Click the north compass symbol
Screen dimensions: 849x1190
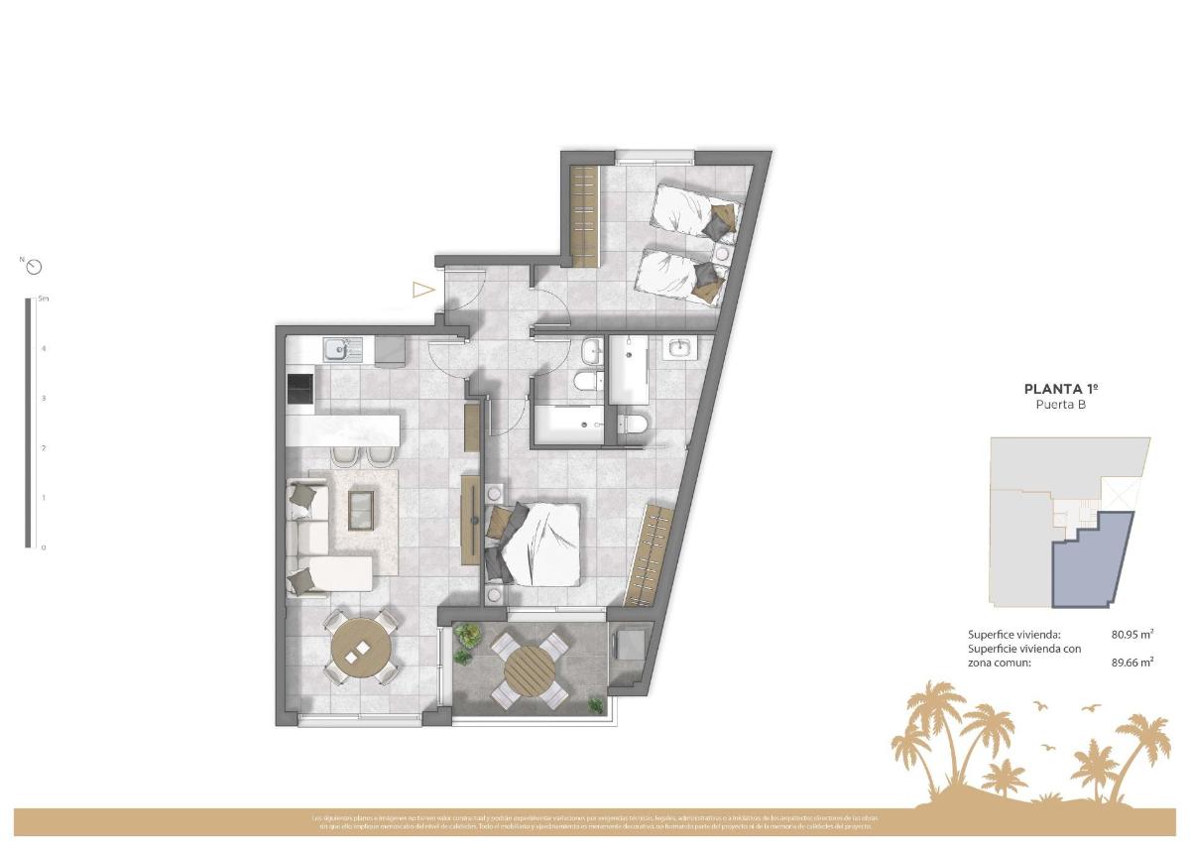pyautogui.click(x=35, y=266)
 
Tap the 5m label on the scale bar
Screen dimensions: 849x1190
pyautogui.click(x=43, y=298)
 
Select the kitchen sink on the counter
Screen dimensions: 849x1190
pyautogui.click(x=338, y=348)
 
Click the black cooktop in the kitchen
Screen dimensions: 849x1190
pyautogui.click(x=300, y=389)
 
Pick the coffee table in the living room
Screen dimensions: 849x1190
pyautogui.click(x=361, y=508)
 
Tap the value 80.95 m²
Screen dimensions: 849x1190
pyautogui.click(x=1131, y=634)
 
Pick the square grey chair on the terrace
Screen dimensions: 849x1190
pyautogui.click(x=629, y=645)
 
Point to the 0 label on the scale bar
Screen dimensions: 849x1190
pyautogui.click(x=43, y=547)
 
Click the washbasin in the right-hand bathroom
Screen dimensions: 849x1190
pyautogui.click(x=681, y=347)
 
